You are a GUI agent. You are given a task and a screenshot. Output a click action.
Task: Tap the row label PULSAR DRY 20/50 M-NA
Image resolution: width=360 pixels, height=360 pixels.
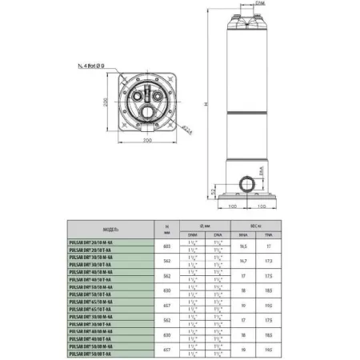click(x=93, y=241)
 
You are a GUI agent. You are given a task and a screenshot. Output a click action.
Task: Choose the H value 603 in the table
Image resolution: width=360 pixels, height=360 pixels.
click(x=166, y=246)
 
